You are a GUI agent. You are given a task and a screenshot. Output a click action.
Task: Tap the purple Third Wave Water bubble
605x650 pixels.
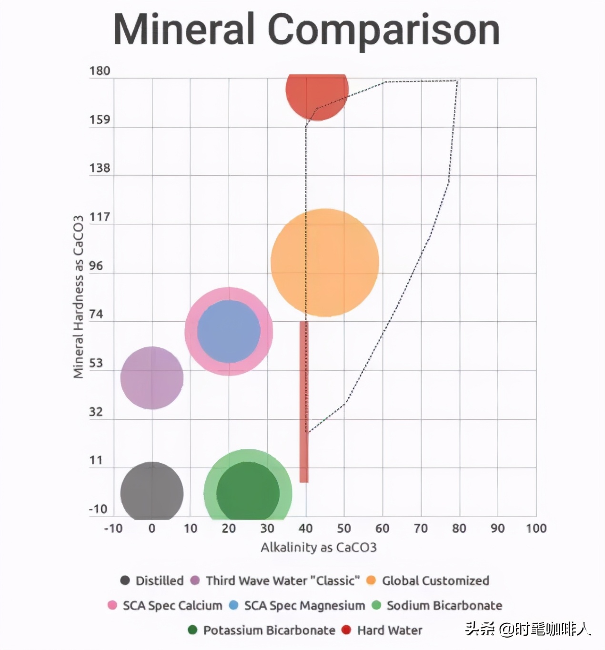(151, 378)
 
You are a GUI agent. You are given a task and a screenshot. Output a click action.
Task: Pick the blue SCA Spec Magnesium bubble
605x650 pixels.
(229, 331)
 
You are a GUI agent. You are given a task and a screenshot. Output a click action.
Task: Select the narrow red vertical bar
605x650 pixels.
(304, 400)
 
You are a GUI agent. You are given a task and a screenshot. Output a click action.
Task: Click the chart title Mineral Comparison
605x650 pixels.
(306, 30)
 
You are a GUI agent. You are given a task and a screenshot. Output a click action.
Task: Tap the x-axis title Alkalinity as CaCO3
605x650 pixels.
(318, 548)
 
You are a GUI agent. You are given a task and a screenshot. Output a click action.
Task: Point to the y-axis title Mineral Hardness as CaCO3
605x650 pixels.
(78, 297)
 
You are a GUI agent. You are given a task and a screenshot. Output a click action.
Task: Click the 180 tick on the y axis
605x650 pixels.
(100, 71)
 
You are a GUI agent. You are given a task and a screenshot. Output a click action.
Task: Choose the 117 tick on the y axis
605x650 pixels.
(100, 217)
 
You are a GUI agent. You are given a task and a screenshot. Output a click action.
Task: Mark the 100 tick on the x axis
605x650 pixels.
(536, 528)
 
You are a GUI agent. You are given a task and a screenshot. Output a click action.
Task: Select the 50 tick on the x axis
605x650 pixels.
(344, 528)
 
